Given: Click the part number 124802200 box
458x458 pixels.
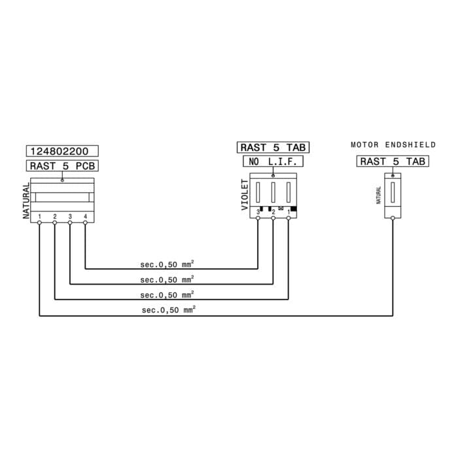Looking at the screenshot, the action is (62, 151).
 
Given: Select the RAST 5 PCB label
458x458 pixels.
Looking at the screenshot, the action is (62, 166).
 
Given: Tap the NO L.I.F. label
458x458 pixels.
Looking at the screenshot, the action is (273, 161).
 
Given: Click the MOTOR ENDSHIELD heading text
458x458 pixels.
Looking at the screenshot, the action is (393, 145).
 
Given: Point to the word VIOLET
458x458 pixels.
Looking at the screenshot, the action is (245, 195).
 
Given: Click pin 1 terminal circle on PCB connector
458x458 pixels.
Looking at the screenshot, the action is (39, 222).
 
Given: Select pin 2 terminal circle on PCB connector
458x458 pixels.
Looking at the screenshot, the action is (54, 222).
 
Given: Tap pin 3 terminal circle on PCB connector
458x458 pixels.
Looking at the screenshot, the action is (70, 222).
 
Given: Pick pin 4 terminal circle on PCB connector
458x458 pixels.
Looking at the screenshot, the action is (85, 222).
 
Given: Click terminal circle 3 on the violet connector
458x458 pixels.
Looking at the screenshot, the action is (258, 218).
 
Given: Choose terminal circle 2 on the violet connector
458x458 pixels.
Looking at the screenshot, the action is (273, 218).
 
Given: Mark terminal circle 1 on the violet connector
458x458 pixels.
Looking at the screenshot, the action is (289, 218).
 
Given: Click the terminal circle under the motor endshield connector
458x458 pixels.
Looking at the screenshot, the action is (393, 218).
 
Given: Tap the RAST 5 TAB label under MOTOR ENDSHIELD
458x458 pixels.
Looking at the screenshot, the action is (393, 161).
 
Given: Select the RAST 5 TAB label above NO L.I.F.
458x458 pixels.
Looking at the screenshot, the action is (273, 147).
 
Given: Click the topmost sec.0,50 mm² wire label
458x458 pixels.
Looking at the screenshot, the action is (167, 264).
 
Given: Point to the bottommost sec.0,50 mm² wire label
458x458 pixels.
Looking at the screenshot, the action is (169, 309).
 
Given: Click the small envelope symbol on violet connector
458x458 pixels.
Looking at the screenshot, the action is (281, 208).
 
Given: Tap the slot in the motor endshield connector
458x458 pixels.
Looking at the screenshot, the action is (393, 192).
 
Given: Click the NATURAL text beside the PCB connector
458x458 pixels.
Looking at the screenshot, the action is (26, 201).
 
